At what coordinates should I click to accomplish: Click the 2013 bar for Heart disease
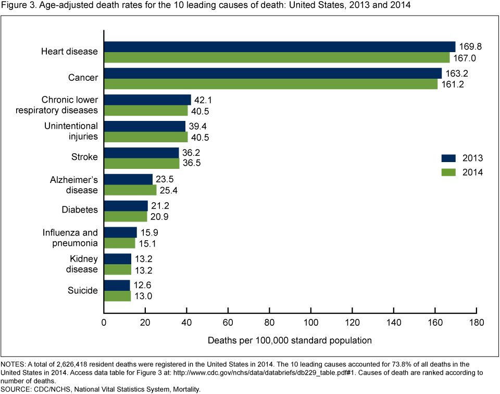click(x=280, y=46)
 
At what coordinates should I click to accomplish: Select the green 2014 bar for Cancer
click(x=271, y=84)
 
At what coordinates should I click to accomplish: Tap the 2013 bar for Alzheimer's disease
click(x=128, y=179)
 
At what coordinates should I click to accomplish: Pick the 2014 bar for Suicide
click(x=117, y=295)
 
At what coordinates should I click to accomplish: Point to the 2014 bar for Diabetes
click(x=126, y=216)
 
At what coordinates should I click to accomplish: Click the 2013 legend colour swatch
click(x=449, y=158)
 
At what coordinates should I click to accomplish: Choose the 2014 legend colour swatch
click(x=449, y=173)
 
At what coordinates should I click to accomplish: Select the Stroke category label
click(x=84, y=157)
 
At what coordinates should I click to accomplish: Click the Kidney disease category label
click(x=84, y=264)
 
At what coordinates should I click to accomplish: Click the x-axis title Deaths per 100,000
click(x=290, y=340)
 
